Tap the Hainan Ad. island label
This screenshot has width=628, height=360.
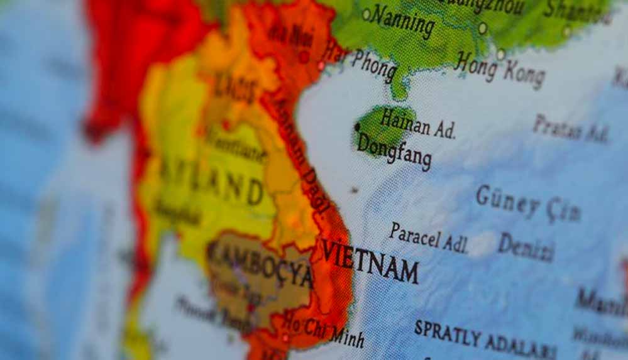click(417, 123)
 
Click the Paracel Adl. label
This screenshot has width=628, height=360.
click(428, 238)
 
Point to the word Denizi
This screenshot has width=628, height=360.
click(526, 247)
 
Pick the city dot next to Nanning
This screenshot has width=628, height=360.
click(366, 14)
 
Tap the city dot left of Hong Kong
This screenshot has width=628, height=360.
click(483, 28)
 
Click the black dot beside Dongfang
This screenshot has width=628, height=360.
click(357, 127)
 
